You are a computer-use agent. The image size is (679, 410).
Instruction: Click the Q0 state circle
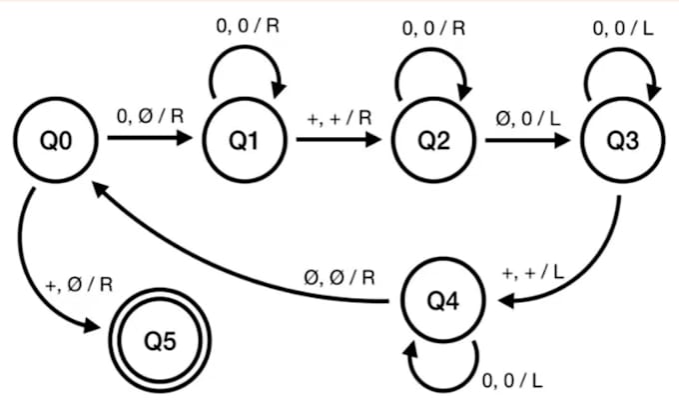pyautogui.click(x=54, y=141)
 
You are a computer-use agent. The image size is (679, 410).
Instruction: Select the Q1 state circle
pyautogui.click(x=243, y=141)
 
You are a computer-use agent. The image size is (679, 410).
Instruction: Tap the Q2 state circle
pyautogui.click(x=432, y=141)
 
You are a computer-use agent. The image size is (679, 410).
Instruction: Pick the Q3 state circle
pyautogui.click(x=621, y=141)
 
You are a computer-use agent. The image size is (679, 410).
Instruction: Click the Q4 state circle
pyautogui.click(x=442, y=301)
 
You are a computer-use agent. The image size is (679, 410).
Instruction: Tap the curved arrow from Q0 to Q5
pyautogui.click(x=40, y=280)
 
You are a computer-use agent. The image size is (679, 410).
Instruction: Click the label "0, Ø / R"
pyautogui.click(x=150, y=116)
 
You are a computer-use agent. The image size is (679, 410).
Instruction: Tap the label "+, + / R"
pyautogui.click(x=339, y=116)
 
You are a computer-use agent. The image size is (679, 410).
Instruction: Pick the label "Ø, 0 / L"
pyautogui.click(x=528, y=116)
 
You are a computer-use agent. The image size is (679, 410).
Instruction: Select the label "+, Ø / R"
pyautogui.click(x=79, y=284)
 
